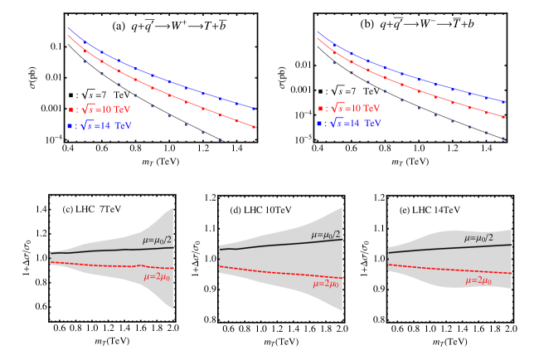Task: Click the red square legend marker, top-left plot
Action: coord(70,109)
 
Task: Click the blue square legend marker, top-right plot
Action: coord(320,124)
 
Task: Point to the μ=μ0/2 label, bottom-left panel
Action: coord(157,240)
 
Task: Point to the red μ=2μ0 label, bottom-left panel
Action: coord(156,277)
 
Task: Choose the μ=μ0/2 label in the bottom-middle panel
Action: coord(326,235)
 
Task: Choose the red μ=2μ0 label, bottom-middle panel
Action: coord(325,284)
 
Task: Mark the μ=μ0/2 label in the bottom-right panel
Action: coord(478,238)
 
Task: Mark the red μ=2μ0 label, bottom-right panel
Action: coord(478,280)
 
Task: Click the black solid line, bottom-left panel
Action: coord(100,250)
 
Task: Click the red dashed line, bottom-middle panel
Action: coord(274,270)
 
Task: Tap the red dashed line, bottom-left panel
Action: coord(100,265)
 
